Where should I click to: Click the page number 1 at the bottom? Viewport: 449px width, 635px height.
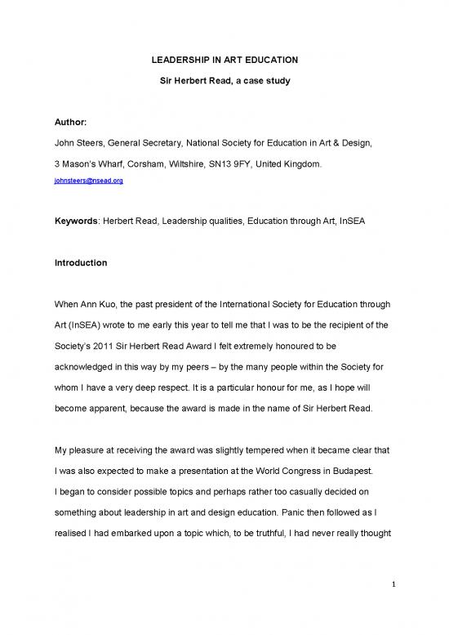pos(393,607)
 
